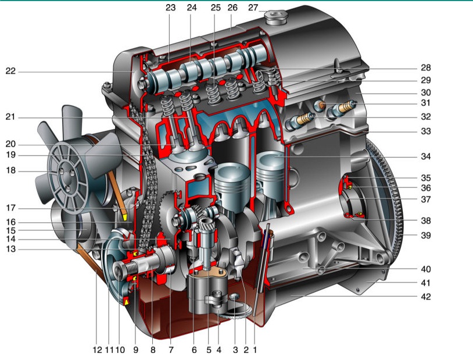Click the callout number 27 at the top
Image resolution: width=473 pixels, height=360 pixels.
coord(253,8)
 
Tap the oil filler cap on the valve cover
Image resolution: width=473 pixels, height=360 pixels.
coord(274,17)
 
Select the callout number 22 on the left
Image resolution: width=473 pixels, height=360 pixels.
coord(10,72)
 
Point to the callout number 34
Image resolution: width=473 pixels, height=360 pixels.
coord(425,156)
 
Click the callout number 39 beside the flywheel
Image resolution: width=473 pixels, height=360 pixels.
coord(425,236)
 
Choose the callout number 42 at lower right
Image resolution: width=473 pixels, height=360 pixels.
coord(425,297)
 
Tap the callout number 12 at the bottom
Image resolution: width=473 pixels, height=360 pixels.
coord(98,350)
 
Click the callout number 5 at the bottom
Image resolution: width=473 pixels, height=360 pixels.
coord(209,350)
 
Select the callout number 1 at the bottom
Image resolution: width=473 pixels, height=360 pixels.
coord(255,350)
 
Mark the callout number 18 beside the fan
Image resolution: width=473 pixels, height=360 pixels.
coord(10,170)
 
